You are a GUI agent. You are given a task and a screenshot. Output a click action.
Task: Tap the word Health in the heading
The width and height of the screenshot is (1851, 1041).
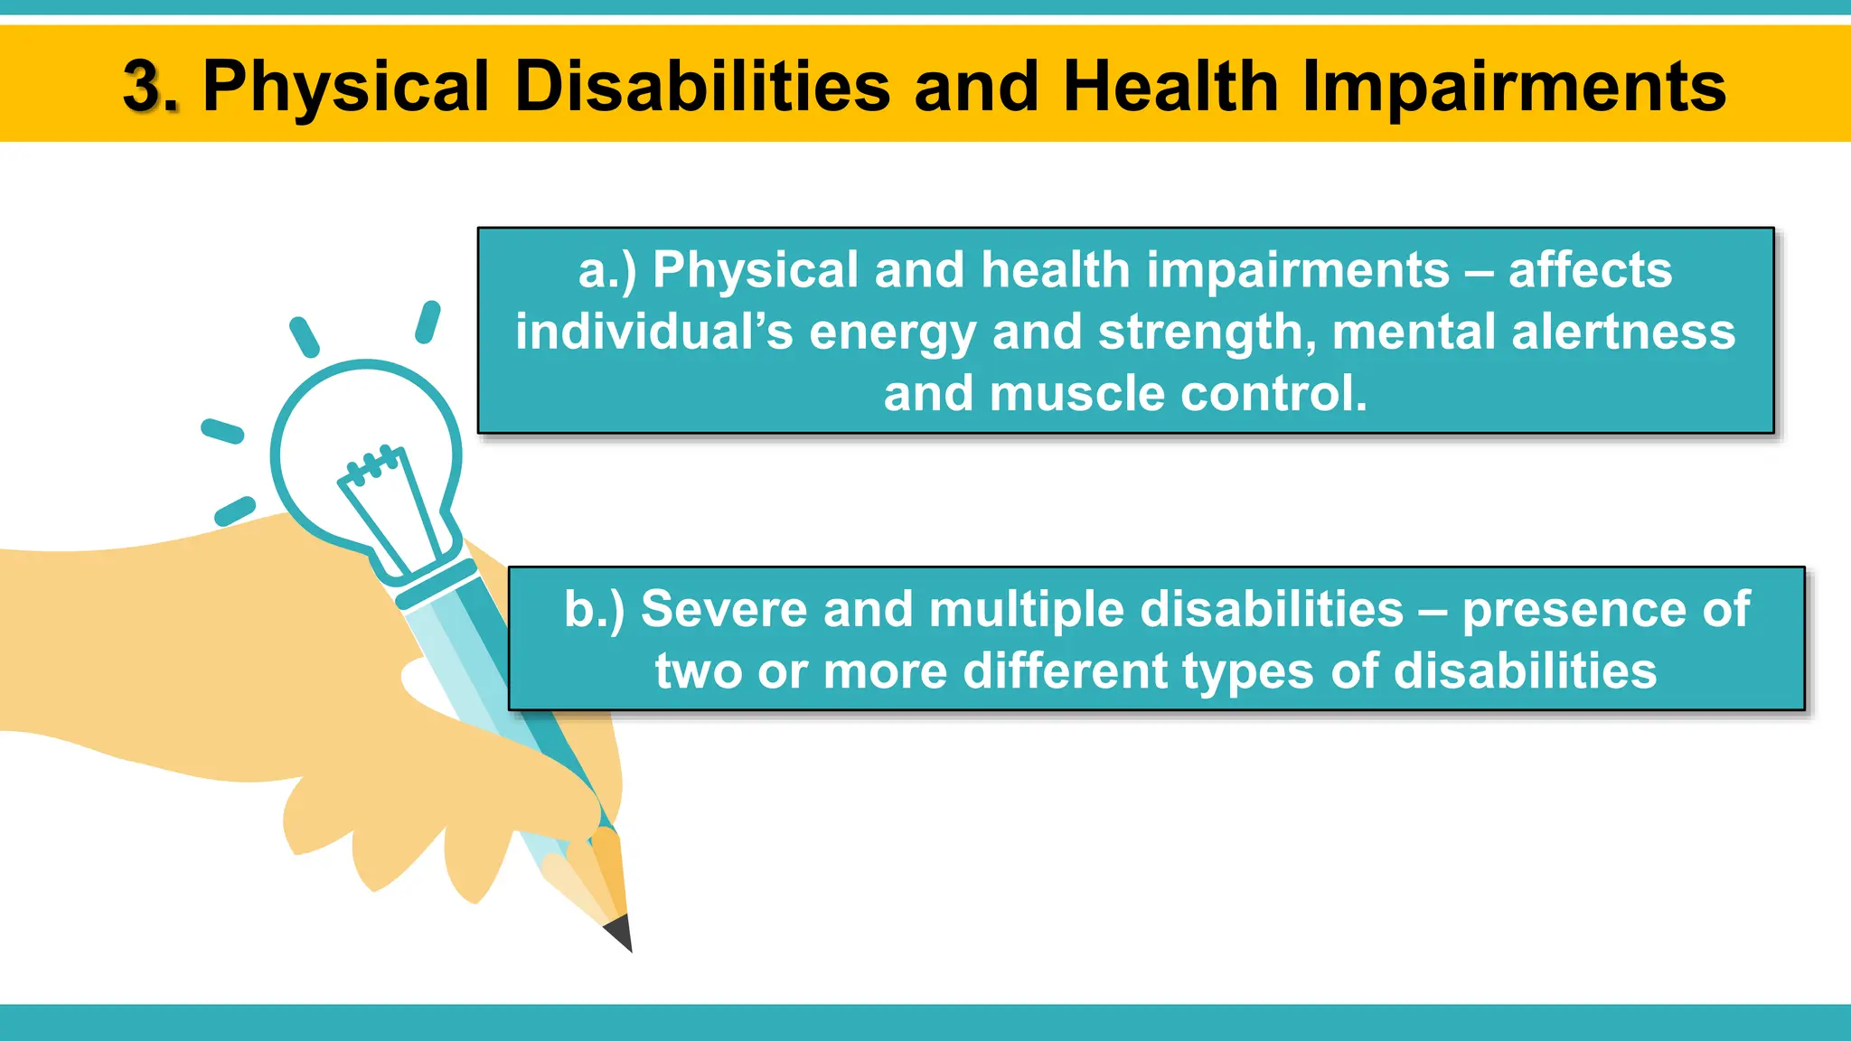[1170, 88]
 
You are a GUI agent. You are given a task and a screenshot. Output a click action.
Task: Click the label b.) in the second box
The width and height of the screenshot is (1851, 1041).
[594, 609]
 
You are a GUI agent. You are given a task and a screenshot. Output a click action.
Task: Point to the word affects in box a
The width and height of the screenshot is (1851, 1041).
[1590, 270]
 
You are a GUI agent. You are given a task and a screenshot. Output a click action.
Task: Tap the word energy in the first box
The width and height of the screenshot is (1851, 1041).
[892, 333]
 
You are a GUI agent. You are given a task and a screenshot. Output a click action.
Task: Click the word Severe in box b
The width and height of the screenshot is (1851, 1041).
[724, 609]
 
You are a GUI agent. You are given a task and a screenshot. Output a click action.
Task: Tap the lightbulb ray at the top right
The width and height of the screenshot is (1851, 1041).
[428, 323]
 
